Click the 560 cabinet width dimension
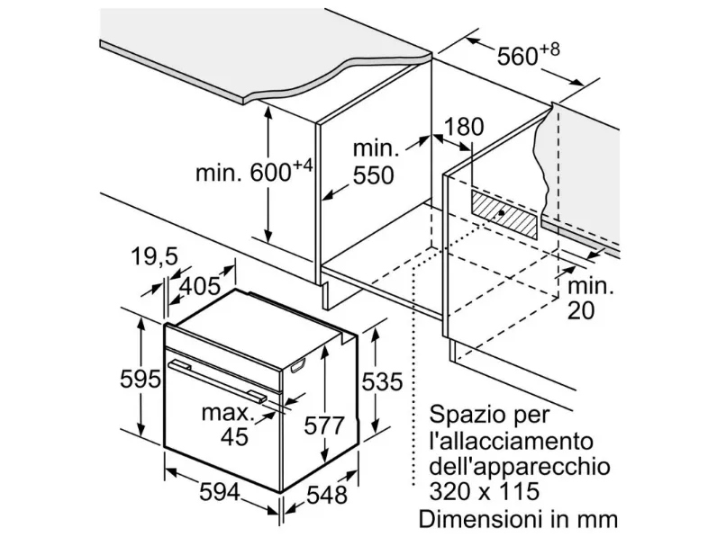coord(517,57)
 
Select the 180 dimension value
coord(464,127)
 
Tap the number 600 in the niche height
coord(271,173)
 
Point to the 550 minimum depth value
coord(373,175)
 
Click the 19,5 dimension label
coord(155,256)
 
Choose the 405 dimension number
coord(200,286)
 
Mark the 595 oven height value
coord(141,379)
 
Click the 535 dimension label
coord(382,381)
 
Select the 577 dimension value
coord(324,425)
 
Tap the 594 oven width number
coord(220,492)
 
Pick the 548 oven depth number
coord(326,495)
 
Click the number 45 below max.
coord(234,436)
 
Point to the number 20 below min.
coord(581,310)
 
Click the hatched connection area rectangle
coord(504,214)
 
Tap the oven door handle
coord(217,380)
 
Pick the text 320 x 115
coord(485,492)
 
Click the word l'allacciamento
coord(512,441)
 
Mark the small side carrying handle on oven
coord(296,365)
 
